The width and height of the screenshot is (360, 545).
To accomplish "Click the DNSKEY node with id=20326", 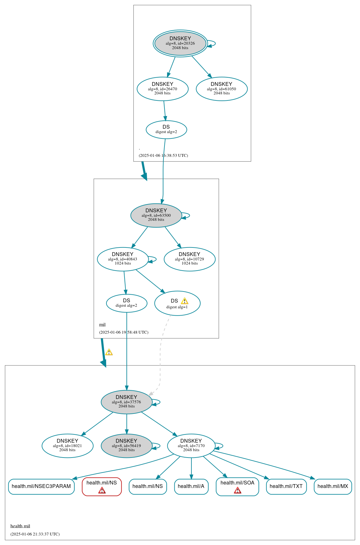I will [x=180, y=43].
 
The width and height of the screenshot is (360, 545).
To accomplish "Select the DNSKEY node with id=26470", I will [x=162, y=89].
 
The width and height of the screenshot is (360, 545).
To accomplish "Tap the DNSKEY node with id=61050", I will [x=222, y=89].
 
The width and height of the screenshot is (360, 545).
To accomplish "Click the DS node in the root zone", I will [x=166, y=130].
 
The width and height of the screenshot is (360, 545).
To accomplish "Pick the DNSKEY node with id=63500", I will [x=156, y=215].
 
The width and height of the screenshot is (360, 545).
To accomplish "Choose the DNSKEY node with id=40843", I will [x=123, y=259].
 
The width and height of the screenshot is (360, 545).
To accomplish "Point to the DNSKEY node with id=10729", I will [x=190, y=259].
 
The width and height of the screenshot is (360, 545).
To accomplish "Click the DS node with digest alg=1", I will [x=177, y=304].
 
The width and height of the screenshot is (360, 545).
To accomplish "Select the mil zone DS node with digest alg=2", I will [x=126, y=303].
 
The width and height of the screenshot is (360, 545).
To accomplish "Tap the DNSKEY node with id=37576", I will [x=126, y=402].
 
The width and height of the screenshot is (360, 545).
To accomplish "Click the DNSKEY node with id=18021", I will [x=67, y=446].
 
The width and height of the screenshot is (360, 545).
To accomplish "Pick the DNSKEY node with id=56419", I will [x=126, y=446].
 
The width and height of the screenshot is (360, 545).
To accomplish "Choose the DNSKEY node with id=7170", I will [x=191, y=446].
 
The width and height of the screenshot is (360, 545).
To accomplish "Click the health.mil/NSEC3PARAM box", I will [x=41, y=486].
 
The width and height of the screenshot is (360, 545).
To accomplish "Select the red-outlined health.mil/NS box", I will [x=102, y=486].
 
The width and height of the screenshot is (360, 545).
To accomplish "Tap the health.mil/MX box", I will [x=333, y=486].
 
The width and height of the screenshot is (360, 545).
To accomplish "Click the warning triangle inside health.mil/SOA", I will [x=237, y=490].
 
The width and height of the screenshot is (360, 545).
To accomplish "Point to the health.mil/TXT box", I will [x=286, y=486].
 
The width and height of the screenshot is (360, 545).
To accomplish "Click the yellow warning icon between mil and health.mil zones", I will [x=109, y=352].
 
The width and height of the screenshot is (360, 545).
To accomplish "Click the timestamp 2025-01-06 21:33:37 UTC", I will [x=35, y=534].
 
